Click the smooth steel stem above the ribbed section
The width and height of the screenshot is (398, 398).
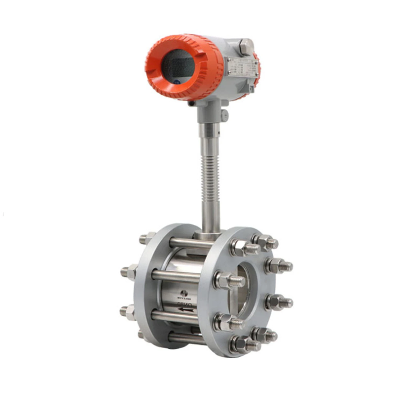209,140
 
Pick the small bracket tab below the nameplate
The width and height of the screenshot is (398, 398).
251,89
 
